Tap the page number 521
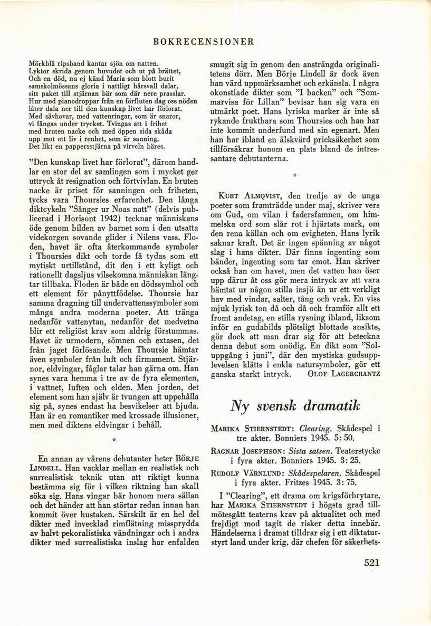pyautogui.click(x=372, y=562)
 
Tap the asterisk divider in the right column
pyautogui.click(x=295, y=174)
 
